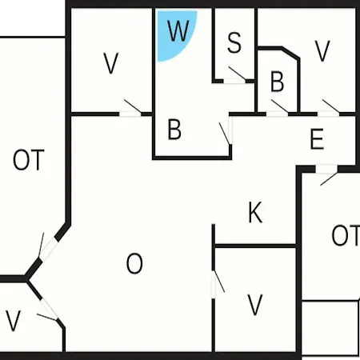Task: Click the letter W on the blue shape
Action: pyautogui.click(x=178, y=30)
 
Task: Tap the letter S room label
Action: pyautogui.click(x=234, y=42)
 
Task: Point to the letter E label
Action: pyautogui.click(x=317, y=138)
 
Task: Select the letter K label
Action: pyautogui.click(x=255, y=212)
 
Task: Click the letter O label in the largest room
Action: pyautogui.click(x=134, y=263)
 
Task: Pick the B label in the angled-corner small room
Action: pyautogui.click(x=277, y=82)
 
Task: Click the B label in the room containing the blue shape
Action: pyautogui.click(x=174, y=130)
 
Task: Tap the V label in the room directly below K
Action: pyautogui.click(x=255, y=305)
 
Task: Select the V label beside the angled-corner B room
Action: pyautogui.click(x=322, y=50)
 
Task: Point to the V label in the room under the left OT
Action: pyautogui.click(x=13, y=321)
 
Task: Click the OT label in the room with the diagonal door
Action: pyautogui.click(x=29, y=160)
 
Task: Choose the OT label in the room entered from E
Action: pyautogui.click(x=346, y=235)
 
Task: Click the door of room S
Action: pyautogui.click(x=234, y=78)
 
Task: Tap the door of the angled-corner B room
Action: pyautogui.click(x=278, y=110)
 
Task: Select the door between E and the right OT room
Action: pyautogui.click(x=327, y=174)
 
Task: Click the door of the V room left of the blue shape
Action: pyautogui.click(x=130, y=110)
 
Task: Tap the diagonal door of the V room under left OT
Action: pyautogui.click(x=48, y=310)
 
